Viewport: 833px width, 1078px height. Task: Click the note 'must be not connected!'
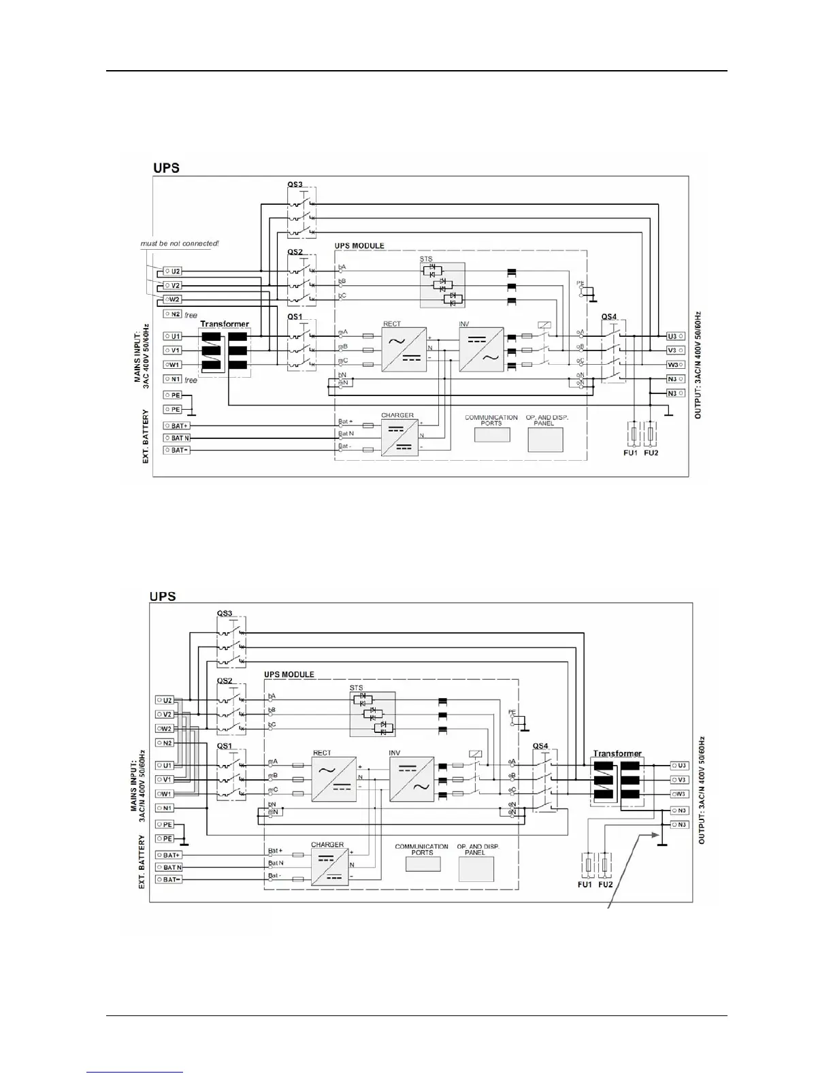pyautogui.click(x=180, y=243)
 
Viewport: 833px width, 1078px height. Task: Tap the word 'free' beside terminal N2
pyautogui.click(x=191, y=315)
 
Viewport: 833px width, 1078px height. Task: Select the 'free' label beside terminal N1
pyautogui.click(x=191, y=380)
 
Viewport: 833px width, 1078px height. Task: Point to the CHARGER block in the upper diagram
pyautogui.click(x=399, y=437)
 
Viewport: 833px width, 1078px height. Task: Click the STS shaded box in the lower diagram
pyautogui.click(x=372, y=715)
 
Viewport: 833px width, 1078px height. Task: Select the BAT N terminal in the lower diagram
pyautogui.click(x=171, y=867)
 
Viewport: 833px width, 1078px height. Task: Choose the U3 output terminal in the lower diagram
pyautogui.click(x=679, y=766)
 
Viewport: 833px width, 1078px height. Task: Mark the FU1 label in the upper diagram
pyautogui.click(x=631, y=453)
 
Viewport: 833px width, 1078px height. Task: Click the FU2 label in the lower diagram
pyautogui.click(x=605, y=885)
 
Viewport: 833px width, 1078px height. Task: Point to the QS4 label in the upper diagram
pyautogui.click(x=609, y=317)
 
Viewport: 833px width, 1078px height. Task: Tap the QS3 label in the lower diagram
pyautogui.click(x=225, y=613)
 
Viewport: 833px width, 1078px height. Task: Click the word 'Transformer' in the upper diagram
pyautogui.click(x=225, y=324)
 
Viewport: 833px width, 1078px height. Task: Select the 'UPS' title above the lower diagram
pyautogui.click(x=163, y=596)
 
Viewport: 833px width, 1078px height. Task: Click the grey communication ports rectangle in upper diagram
pyautogui.click(x=491, y=434)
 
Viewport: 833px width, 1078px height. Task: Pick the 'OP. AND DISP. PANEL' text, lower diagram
pyautogui.click(x=478, y=849)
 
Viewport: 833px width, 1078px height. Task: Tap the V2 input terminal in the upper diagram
pyautogui.click(x=173, y=286)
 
